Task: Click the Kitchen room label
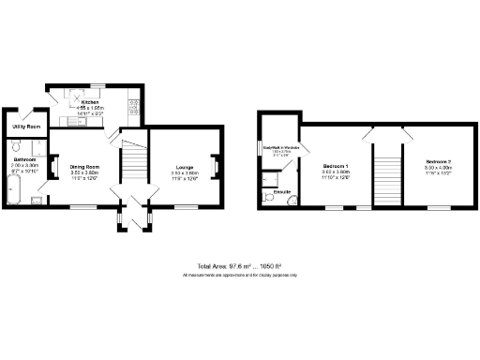pyautogui.click(x=90, y=101)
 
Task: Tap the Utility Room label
pyautogui.click(x=25, y=126)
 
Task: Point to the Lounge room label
pyautogui.click(x=184, y=167)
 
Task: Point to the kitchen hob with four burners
pyautogui.click(x=133, y=106)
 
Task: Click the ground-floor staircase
pyautogui.click(x=135, y=164)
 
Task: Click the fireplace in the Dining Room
pyautogui.click(x=53, y=167)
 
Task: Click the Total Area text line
pyautogui.click(x=239, y=267)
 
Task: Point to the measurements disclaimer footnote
pyautogui.click(x=239, y=275)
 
